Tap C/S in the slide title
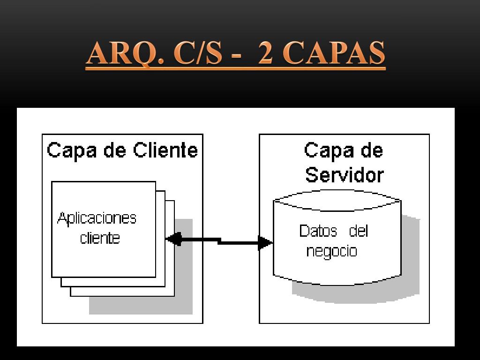click(x=197, y=53)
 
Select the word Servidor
click(x=344, y=175)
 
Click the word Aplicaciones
click(x=97, y=218)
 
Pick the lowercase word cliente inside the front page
click(x=100, y=238)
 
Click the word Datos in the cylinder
click(x=318, y=231)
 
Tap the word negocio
click(x=331, y=251)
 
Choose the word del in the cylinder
click(x=359, y=231)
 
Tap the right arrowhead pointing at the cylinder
click(x=266, y=243)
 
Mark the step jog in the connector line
click(x=219, y=241)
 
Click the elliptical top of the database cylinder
click(x=337, y=200)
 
